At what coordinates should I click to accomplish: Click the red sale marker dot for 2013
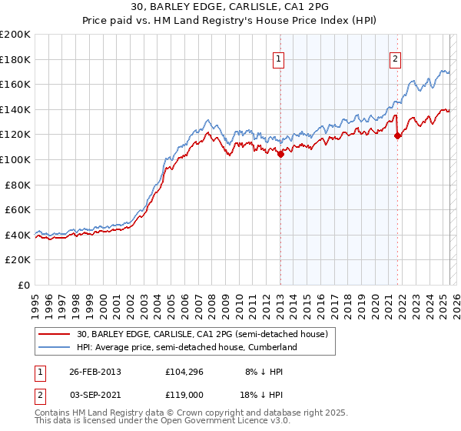coord(280,154)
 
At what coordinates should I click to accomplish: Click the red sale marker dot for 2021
coord(397,136)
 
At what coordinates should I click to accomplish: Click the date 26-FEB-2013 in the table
coord(95,371)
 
